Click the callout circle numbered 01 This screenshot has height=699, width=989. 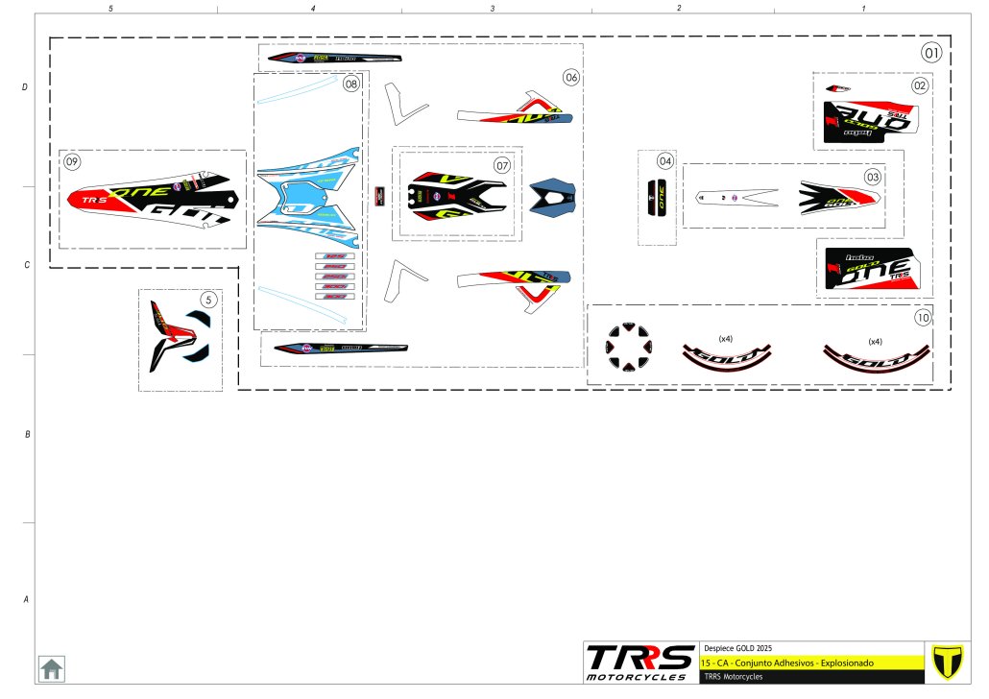coord(931,52)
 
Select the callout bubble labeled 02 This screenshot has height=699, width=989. coord(920,85)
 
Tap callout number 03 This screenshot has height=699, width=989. coord(873,177)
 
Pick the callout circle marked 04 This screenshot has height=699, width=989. coord(665,161)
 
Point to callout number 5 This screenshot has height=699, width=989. coord(210,300)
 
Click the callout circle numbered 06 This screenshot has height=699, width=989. coord(571,76)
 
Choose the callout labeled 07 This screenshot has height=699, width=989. coord(502,165)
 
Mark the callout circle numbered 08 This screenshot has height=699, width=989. coord(351,84)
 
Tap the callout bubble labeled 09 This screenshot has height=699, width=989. coord(72,161)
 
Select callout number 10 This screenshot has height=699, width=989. coord(923,317)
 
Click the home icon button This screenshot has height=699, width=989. coord(51,667)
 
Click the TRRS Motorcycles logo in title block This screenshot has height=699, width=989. coord(640,662)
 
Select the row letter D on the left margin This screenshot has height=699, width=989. coord(25,87)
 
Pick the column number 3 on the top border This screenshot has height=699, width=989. coord(493,8)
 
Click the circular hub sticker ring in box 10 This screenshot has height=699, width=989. coord(627,347)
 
